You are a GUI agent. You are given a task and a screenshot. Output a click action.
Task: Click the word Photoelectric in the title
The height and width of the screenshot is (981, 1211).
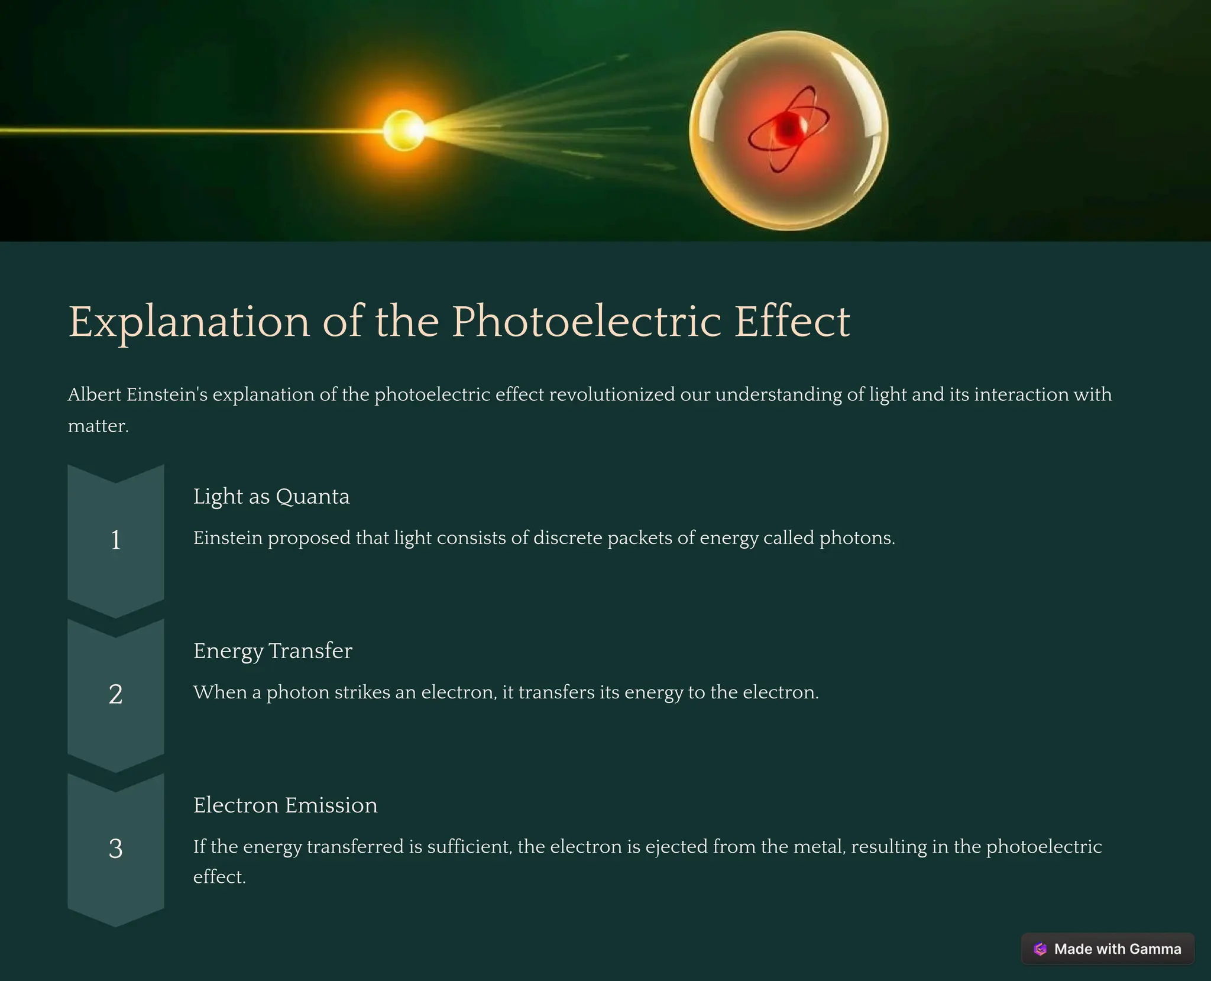(587, 322)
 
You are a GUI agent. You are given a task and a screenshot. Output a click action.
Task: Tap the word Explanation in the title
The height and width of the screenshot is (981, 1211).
(189, 322)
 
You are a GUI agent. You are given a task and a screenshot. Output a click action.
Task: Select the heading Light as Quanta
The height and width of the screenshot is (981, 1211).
(271, 496)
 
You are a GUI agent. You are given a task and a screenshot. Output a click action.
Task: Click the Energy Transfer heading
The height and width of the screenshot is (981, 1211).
(273, 650)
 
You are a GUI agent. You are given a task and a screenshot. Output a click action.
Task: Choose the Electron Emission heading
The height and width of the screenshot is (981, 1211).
(285, 805)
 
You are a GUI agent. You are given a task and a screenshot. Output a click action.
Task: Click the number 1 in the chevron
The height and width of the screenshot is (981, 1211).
(116, 540)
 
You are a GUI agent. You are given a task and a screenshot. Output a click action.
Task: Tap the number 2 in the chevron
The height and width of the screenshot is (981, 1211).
(116, 694)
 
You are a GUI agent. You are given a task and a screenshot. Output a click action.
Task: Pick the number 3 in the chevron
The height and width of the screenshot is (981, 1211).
(116, 849)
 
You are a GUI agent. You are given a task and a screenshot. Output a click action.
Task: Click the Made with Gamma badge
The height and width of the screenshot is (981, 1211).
(1108, 948)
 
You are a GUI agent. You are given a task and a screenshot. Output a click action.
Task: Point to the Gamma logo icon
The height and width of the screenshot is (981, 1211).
(1040, 949)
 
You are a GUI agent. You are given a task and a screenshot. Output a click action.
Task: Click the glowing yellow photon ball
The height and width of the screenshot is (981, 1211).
(404, 130)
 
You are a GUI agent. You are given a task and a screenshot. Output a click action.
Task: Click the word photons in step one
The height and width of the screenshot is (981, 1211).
(857, 538)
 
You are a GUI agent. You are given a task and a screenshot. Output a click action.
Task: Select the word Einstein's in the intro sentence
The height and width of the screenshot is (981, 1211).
(167, 394)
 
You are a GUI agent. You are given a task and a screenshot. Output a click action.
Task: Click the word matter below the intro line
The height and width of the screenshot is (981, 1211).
(98, 426)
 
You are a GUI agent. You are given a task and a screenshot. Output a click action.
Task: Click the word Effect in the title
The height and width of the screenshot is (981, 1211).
(792, 322)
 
